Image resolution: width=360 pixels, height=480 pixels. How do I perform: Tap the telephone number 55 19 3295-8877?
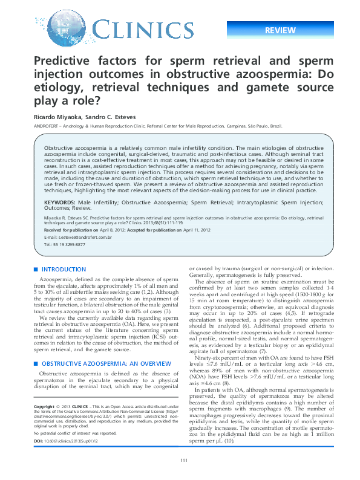[67, 244]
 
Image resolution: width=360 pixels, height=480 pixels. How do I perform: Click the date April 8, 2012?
[101, 230]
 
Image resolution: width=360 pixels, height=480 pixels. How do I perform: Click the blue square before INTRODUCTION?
[36, 268]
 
